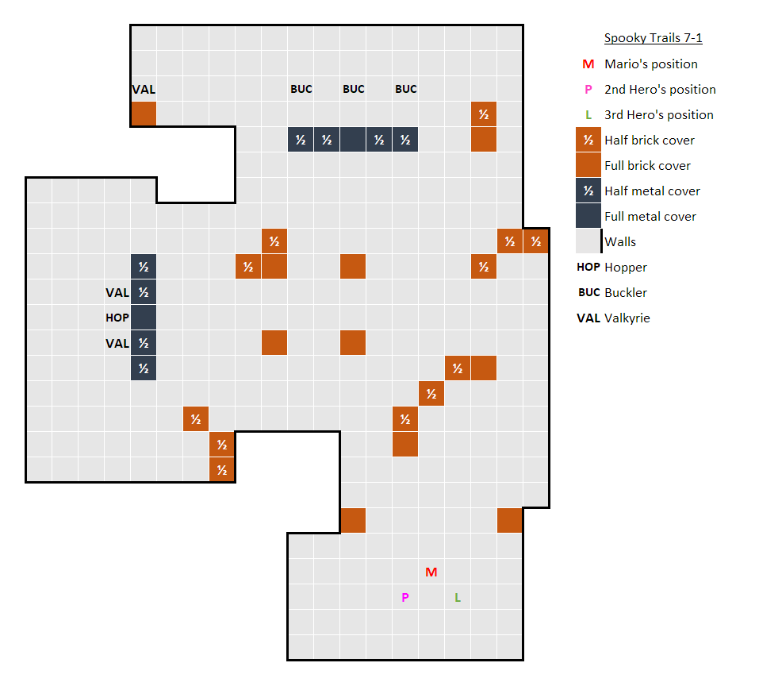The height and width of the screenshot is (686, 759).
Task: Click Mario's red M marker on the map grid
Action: (x=431, y=572)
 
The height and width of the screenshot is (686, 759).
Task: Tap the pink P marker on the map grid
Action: (x=405, y=598)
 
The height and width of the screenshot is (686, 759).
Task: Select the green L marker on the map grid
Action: (x=458, y=598)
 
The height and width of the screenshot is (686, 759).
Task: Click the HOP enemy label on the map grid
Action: (x=117, y=318)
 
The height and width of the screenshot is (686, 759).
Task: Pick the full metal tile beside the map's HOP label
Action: (x=144, y=318)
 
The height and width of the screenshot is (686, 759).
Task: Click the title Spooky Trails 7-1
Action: (x=653, y=38)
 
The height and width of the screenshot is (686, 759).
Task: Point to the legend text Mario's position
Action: (x=650, y=64)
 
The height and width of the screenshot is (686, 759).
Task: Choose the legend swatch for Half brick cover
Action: (x=588, y=140)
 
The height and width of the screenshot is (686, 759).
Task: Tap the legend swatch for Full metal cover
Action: (x=588, y=216)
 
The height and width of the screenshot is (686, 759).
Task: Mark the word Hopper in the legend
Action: (x=626, y=268)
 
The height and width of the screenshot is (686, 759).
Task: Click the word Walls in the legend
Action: (x=620, y=242)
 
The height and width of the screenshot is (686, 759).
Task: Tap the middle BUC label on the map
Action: (x=353, y=89)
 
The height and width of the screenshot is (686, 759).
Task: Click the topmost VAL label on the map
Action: (x=144, y=90)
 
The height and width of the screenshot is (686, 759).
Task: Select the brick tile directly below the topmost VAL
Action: (x=144, y=114)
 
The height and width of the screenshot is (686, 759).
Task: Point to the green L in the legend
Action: (x=588, y=115)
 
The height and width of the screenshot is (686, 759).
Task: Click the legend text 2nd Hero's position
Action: (x=660, y=90)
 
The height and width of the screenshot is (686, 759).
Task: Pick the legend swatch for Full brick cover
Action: (x=588, y=165)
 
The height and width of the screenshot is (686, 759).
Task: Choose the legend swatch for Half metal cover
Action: (x=588, y=191)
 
